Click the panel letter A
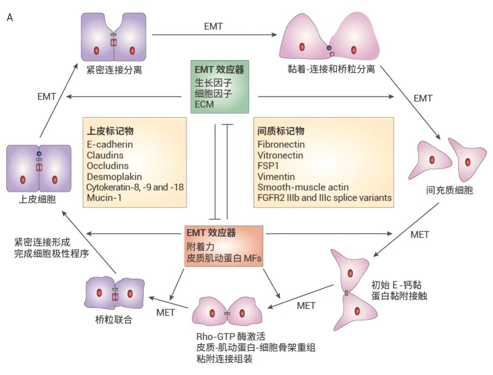click(x=10, y=18)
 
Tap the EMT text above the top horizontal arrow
click(x=213, y=26)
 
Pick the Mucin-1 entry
click(x=101, y=198)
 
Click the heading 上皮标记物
click(x=110, y=131)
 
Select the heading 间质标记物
click(x=281, y=131)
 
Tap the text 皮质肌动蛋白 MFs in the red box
click(x=223, y=258)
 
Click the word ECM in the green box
click(x=204, y=104)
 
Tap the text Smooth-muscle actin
click(x=303, y=187)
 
